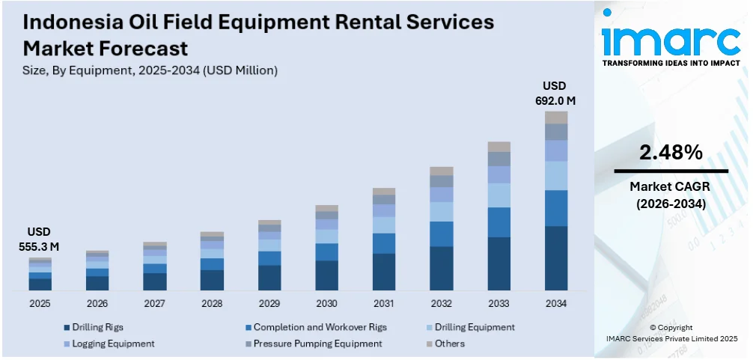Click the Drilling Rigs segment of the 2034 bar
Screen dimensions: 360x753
[x=556, y=257]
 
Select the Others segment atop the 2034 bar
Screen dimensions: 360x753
[x=556, y=118]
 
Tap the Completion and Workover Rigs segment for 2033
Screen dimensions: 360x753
[x=499, y=222]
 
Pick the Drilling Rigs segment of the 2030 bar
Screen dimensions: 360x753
[x=326, y=275]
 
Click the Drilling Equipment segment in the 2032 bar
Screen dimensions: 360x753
[x=442, y=212]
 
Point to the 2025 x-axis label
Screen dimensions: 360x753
[x=40, y=304]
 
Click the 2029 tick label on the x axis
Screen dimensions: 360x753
[x=269, y=304]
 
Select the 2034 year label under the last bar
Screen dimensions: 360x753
[x=556, y=304]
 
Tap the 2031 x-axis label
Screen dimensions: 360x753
[x=384, y=304]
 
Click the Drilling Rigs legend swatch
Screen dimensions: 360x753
[x=66, y=327]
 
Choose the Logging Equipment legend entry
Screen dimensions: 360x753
[x=112, y=344]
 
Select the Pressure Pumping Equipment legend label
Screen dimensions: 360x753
[x=317, y=344]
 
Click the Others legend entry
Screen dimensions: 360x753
[x=450, y=344]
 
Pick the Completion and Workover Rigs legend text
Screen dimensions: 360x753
[x=320, y=327]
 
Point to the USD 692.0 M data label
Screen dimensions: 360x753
[x=555, y=93]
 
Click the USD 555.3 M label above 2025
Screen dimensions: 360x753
[x=40, y=239]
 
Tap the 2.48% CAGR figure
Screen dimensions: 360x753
[x=671, y=153]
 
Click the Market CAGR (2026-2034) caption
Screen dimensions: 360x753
[x=671, y=195]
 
